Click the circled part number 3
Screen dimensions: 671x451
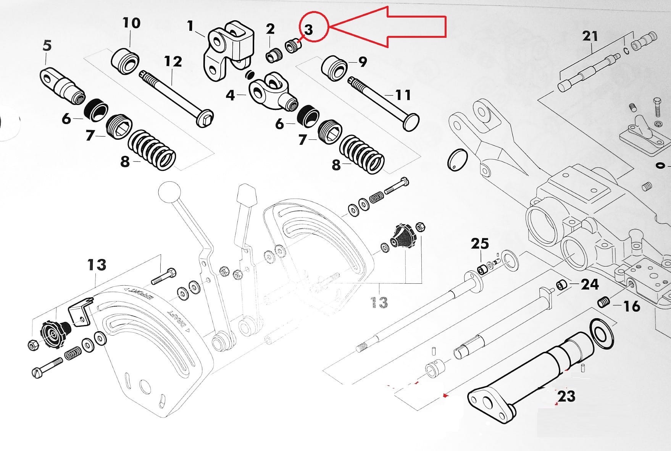point(309,29)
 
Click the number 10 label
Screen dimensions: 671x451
point(131,23)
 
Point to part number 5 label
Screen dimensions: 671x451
point(47,45)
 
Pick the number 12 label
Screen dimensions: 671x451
point(173,61)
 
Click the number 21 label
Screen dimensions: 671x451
point(590,36)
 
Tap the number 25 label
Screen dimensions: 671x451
point(479,243)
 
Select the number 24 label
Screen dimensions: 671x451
point(590,284)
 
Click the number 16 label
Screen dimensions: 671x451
point(631,306)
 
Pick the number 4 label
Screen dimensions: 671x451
point(230,95)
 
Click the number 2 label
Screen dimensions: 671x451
point(270,29)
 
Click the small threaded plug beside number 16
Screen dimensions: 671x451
point(603,302)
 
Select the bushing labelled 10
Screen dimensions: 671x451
point(125,60)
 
